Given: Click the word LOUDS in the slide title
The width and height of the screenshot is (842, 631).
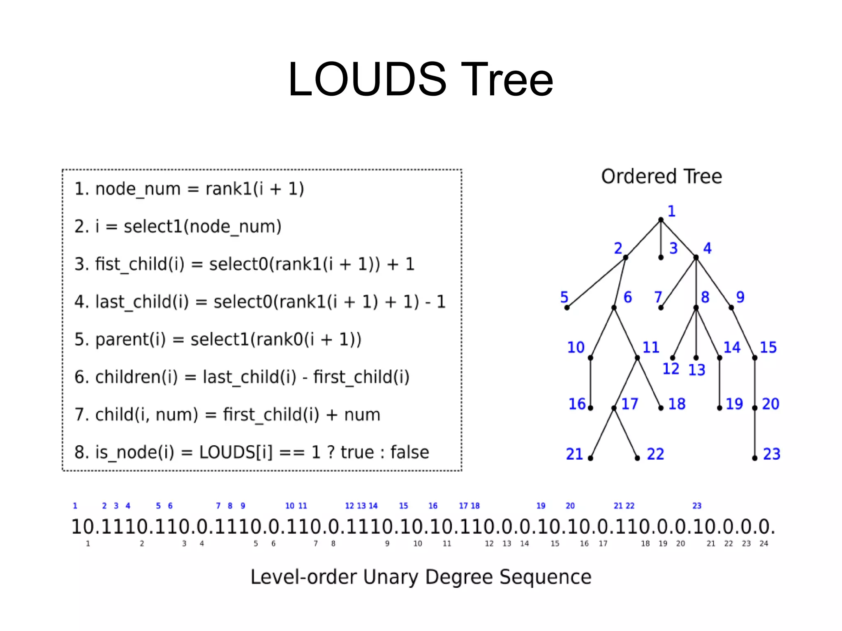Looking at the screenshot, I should tap(367, 79).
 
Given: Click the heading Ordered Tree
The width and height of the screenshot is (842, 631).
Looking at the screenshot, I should tap(661, 177).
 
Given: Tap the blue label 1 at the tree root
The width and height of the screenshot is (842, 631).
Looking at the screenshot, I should tap(671, 211).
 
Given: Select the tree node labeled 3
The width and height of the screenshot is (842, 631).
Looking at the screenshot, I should tap(661, 257).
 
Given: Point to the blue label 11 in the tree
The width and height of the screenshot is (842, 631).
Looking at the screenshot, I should tap(651, 348).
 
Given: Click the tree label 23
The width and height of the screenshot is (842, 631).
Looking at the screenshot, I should tap(771, 454).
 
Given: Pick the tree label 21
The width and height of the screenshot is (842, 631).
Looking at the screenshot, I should tap(574, 454).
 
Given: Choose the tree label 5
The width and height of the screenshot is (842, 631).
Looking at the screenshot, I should tap(564, 297).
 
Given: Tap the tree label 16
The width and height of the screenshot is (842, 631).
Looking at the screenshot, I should tap(577, 404).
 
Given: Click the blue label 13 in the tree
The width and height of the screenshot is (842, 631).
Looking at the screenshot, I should tap(697, 370).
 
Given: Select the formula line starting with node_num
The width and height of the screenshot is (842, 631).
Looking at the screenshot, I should tap(189, 189).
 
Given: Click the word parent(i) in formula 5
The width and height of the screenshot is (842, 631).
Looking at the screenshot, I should tap(130, 340).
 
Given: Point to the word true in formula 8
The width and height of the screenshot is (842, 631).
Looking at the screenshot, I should tap(357, 452).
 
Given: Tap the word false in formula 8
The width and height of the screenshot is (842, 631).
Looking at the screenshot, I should tap(409, 452).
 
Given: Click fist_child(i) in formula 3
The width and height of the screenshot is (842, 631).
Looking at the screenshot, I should tap(140, 264).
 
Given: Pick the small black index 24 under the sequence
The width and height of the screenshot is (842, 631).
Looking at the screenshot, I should tap(764, 543).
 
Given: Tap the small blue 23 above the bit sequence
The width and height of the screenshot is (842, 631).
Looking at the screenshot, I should tap(697, 506).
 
